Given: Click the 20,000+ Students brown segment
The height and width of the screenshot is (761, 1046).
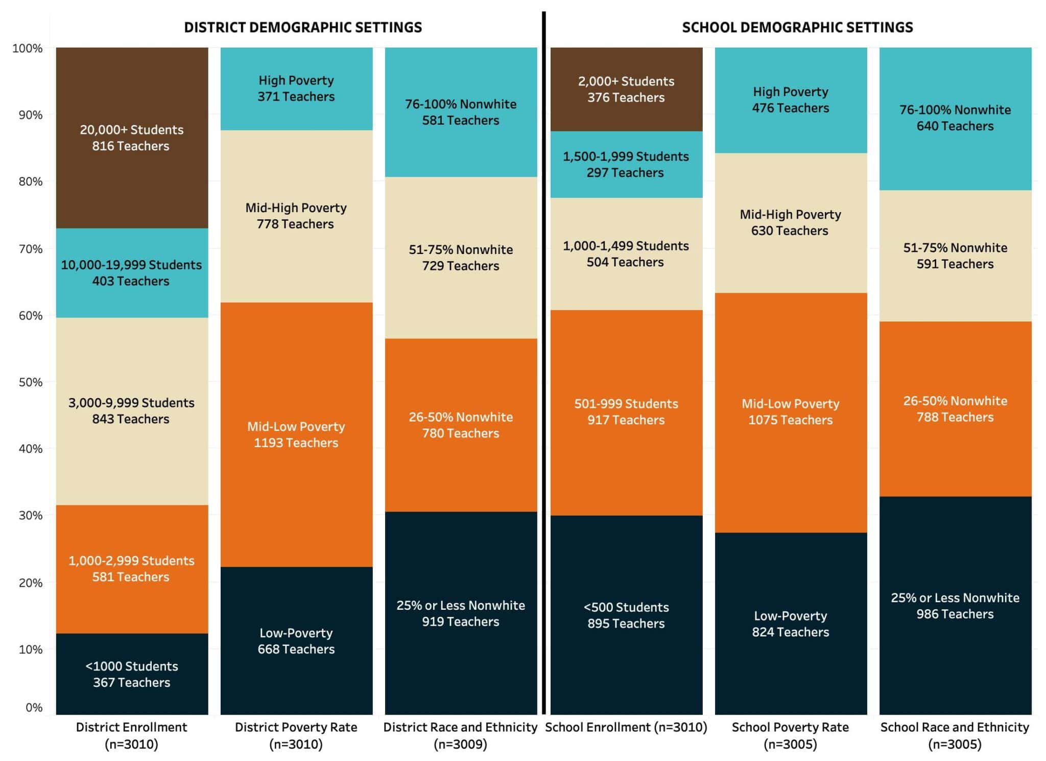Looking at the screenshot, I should [x=132, y=137].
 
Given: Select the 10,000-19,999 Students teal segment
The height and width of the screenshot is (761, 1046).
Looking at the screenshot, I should [x=132, y=272].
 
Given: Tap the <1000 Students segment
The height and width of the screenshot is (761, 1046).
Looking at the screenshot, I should [x=132, y=674].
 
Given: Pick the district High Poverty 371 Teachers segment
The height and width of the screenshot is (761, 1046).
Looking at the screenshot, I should [x=296, y=88].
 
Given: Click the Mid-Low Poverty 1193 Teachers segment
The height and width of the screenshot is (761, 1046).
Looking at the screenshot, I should [x=296, y=434].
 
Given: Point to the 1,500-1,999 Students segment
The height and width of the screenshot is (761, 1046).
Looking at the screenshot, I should [x=626, y=164].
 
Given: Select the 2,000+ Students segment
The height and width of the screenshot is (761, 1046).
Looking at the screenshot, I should [x=626, y=89].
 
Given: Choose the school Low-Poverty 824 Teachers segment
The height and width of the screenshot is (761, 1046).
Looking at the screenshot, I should [x=791, y=624].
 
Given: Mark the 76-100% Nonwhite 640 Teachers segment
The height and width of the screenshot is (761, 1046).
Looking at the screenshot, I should [x=955, y=118].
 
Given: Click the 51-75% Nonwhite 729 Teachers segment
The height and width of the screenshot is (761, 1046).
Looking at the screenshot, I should [x=461, y=258].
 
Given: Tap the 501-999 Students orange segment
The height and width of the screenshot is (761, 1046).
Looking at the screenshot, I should [x=626, y=412].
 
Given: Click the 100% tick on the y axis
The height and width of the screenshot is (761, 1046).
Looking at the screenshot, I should [x=28, y=49].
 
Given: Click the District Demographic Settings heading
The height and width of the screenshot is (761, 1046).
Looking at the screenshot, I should [x=303, y=28].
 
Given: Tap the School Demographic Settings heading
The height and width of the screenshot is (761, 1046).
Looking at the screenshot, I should [x=797, y=28].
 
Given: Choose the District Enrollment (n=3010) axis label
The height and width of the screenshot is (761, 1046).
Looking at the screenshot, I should [x=132, y=735].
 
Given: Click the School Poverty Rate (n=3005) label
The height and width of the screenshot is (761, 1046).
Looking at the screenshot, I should [x=791, y=735].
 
